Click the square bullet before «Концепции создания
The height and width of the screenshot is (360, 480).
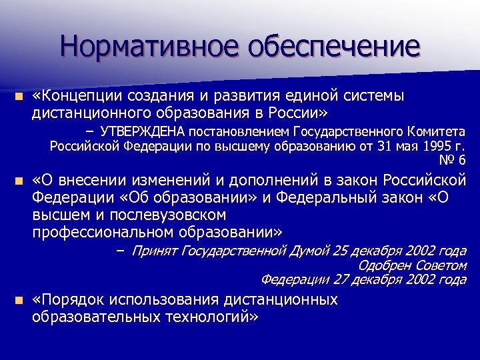point(21,97)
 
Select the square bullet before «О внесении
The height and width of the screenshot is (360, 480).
point(21,181)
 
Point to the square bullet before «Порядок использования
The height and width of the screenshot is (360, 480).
point(21,301)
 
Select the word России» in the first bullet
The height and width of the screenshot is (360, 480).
point(299,111)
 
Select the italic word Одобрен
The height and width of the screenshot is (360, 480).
point(380,265)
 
